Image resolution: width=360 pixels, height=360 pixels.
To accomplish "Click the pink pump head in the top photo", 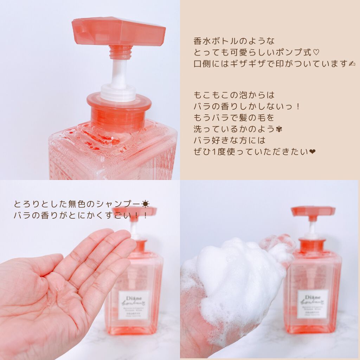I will click(x=119, y=32).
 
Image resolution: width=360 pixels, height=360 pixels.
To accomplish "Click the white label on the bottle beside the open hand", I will click(x=134, y=305).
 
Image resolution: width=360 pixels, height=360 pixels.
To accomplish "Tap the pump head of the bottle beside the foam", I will click(x=313, y=211).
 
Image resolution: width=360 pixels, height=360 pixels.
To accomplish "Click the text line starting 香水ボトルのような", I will click(x=234, y=41).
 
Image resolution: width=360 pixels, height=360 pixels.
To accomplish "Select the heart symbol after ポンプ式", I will click(x=316, y=52).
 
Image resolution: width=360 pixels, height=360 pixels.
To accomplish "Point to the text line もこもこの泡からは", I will click(x=234, y=95).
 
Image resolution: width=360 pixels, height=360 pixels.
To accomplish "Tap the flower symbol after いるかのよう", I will click(x=280, y=129).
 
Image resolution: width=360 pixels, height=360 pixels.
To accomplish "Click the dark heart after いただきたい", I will click(x=313, y=152).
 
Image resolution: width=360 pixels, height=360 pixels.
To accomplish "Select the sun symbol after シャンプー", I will click(x=145, y=204).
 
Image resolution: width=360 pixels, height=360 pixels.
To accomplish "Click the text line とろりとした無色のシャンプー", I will click(x=77, y=204).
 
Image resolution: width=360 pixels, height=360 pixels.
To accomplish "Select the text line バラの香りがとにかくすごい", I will click(x=81, y=216).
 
